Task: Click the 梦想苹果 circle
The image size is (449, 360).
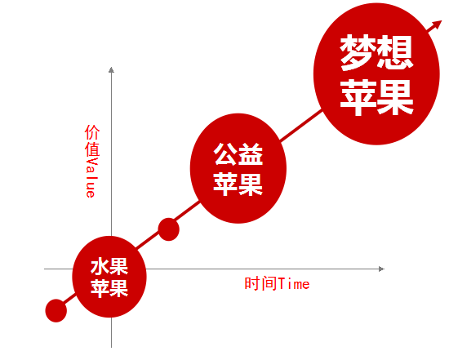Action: (376, 73)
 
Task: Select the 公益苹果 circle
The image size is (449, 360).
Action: (238, 168)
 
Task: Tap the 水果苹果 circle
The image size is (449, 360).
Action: (109, 277)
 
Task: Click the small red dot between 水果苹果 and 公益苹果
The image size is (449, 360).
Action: (169, 229)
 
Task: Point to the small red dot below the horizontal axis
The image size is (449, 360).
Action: (56, 311)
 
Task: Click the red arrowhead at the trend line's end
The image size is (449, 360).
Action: (437, 25)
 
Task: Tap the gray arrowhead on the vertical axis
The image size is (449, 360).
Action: (111, 69)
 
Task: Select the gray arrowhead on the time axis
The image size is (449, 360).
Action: (381, 269)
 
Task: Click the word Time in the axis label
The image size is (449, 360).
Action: (294, 284)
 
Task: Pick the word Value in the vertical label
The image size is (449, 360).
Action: (92, 177)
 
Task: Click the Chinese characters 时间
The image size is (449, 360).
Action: (261, 284)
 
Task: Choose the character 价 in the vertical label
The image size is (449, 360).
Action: (92, 132)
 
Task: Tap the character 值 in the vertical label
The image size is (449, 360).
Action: (92, 149)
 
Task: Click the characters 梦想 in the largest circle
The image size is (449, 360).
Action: (376, 52)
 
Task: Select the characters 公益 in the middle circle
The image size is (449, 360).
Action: (238, 154)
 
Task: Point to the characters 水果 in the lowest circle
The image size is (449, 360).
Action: (109, 267)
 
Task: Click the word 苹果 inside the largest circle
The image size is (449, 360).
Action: (376, 98)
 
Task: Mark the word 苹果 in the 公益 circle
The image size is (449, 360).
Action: (238, 184)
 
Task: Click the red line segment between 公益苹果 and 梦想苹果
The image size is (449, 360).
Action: (301, 126)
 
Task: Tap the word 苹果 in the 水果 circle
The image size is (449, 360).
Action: (109, 288)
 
